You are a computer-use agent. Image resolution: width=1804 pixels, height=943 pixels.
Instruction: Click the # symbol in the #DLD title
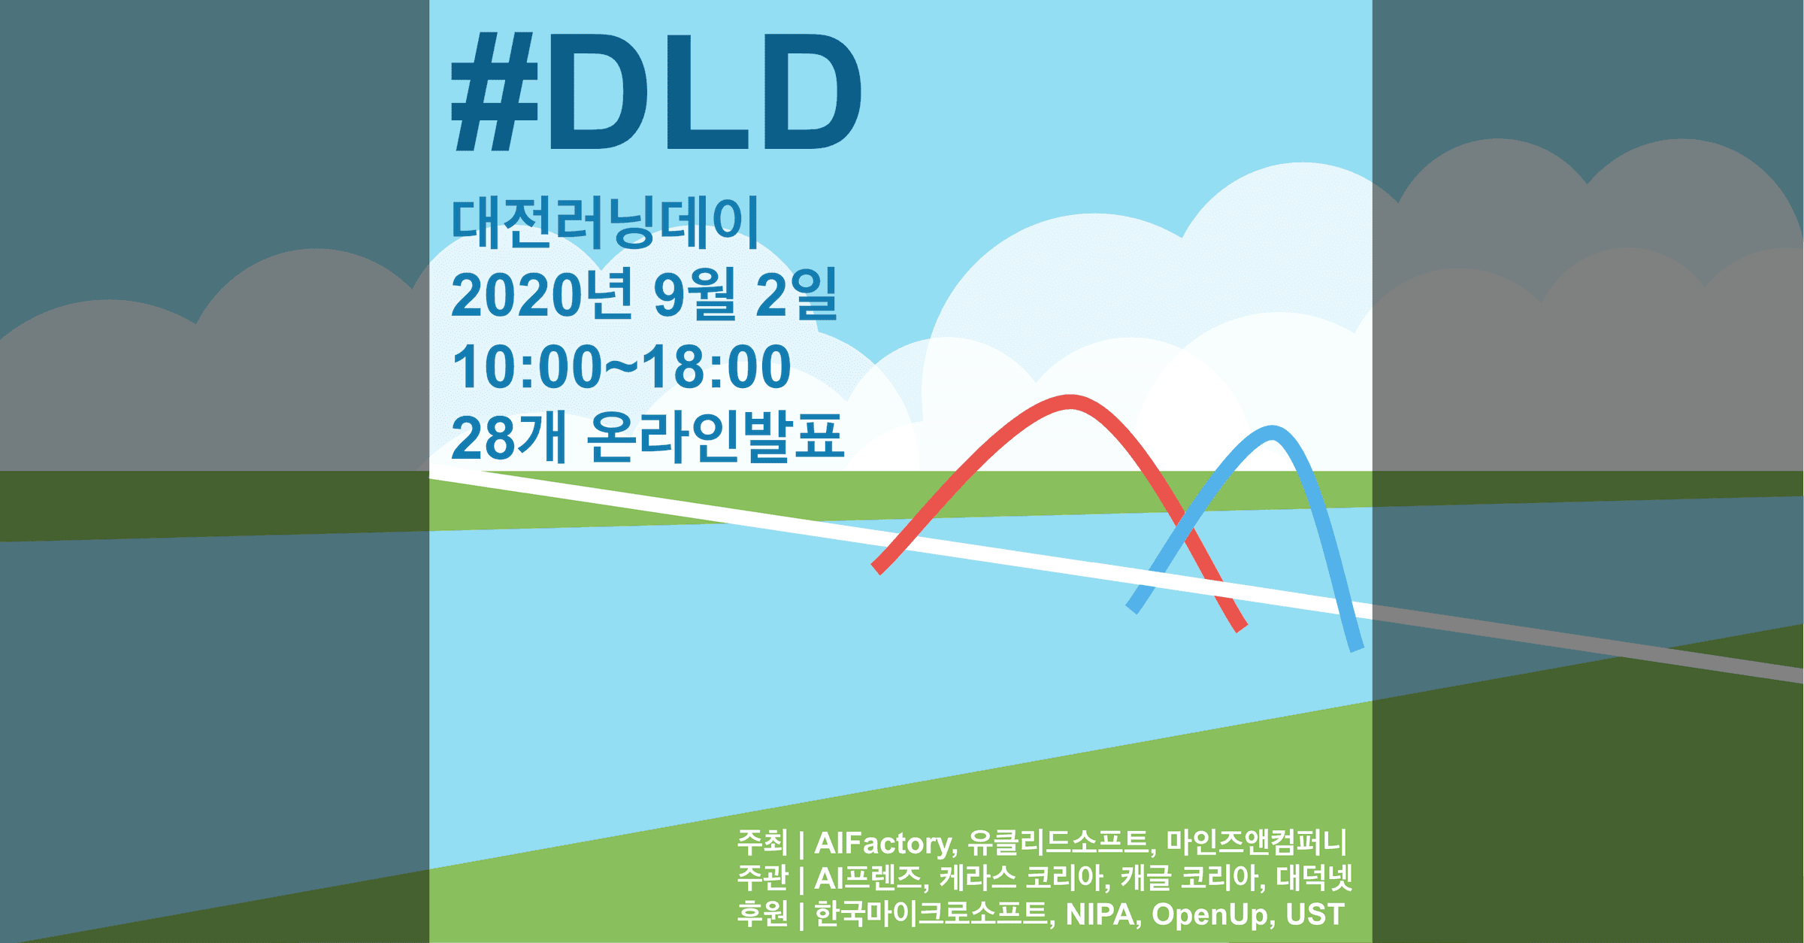pyautogui.click(x=495, y=92)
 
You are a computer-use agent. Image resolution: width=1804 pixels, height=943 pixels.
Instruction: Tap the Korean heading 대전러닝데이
pyautogui.click(x=605, y=222)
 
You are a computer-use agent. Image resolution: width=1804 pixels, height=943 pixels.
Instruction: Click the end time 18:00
pyautogui.click(x=716, y=367)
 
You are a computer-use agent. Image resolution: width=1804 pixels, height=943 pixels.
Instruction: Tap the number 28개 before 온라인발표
pyautogui.click(x=508, y=437)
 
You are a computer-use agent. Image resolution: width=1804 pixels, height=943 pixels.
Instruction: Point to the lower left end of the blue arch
pyautogui.click(x=1132, y=608)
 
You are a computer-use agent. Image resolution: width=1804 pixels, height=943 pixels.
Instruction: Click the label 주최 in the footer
pyautogui.click(x=762, y=842)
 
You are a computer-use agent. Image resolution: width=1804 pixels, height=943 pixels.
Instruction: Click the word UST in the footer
pyautogui.click(x=1315, y=914)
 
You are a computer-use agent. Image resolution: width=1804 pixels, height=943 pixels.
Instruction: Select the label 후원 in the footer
pyautogui.click(x=762, y=914)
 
